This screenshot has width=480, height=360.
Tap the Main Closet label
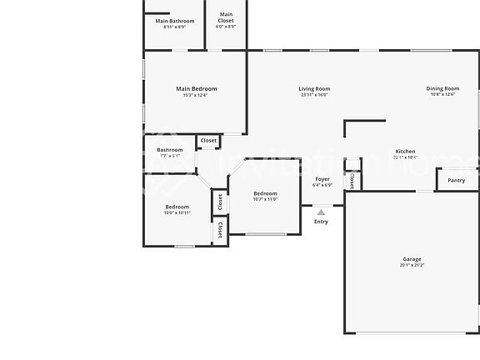226,15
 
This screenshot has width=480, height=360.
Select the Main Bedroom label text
196,88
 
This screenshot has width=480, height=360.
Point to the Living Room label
314,88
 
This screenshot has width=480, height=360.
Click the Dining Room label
442,88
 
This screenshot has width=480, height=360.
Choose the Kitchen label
404,152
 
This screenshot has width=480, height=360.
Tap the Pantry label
456,180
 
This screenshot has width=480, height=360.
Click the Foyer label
322,179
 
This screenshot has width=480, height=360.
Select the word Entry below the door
321,222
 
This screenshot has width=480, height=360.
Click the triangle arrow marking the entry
321,212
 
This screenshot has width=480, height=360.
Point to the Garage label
412,259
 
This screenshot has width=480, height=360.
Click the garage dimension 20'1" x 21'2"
412,266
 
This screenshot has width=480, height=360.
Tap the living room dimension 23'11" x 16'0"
314,95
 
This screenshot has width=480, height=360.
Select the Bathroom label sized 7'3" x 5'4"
169,150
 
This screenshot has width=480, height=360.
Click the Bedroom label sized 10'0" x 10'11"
177,207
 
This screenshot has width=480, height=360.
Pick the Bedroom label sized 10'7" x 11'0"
265,193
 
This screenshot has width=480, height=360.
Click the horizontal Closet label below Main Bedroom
208,141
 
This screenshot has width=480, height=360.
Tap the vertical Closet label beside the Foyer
352,181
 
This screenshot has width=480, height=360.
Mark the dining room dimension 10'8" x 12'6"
442,95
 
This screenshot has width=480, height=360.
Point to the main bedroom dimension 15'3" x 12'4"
196,95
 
